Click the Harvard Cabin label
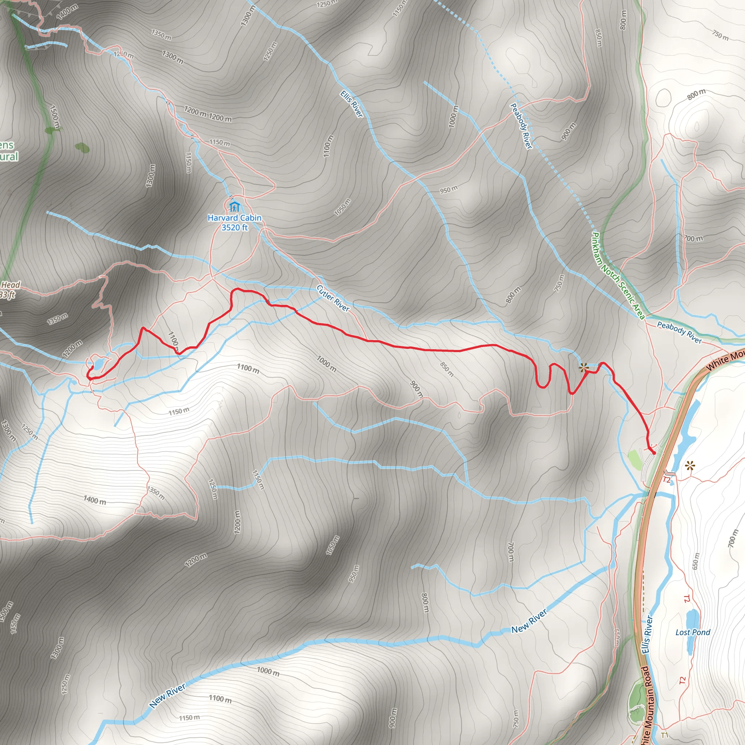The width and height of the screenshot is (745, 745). pyautogui.click(x=235, y=218)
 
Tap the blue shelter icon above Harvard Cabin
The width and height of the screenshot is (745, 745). pyautogui.click(x=234, y=206)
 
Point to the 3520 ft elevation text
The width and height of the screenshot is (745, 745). pyautogui.click(x=235, y=227)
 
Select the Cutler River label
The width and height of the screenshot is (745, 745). pyautogui.click(x=333, y=298)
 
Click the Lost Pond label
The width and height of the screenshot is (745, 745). pyautogui.click(x=693, y=632)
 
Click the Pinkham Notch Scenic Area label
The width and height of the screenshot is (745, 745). pyautogui.click(x=618, y=276)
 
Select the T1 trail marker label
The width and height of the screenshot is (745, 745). pyautogui.click(x=664, y=735)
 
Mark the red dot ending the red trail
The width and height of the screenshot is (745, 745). pyautogui.click(x=654, y=453)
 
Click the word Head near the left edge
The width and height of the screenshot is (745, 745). pyautogui.click(x=11, y=285)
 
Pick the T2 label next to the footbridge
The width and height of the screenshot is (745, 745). pyautogui.click(x=667, y=480)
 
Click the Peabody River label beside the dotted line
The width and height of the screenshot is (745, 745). pyautogui.click(x=521, y=126)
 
